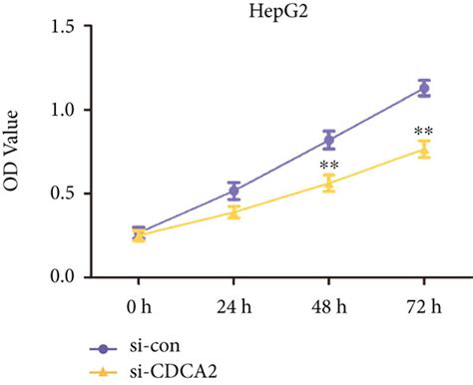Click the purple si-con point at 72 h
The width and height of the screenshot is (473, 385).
424,89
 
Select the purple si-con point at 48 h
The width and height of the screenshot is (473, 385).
329,141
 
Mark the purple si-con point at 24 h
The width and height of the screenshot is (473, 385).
235,191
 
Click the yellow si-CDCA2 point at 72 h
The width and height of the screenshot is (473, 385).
424,150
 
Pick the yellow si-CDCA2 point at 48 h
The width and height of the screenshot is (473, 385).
329,184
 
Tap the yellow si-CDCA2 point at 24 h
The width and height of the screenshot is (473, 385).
235,211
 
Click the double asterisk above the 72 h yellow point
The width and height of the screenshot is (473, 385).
423,131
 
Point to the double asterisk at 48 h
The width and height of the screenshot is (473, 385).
328,166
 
